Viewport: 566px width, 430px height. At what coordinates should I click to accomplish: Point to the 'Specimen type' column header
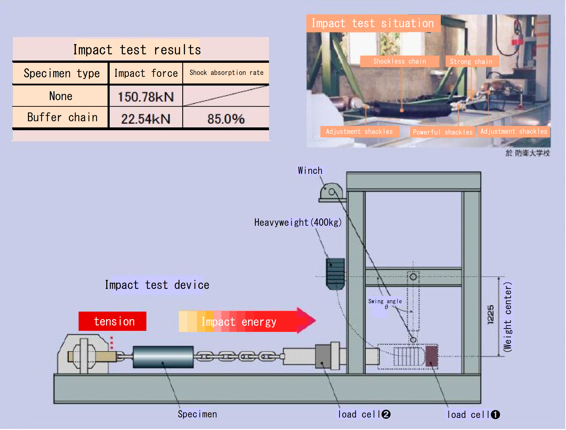[x=61, y=73]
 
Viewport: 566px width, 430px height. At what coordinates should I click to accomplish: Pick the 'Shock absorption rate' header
[x=226, y=73]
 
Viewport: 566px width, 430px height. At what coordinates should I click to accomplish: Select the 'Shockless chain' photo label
[x=399, y=61]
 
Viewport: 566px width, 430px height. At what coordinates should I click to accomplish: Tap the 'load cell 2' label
[x=364, y=414]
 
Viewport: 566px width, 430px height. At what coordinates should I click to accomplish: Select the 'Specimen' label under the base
[x=197, y=414]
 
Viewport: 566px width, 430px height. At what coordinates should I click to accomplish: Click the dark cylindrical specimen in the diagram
[x=163, y=357]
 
